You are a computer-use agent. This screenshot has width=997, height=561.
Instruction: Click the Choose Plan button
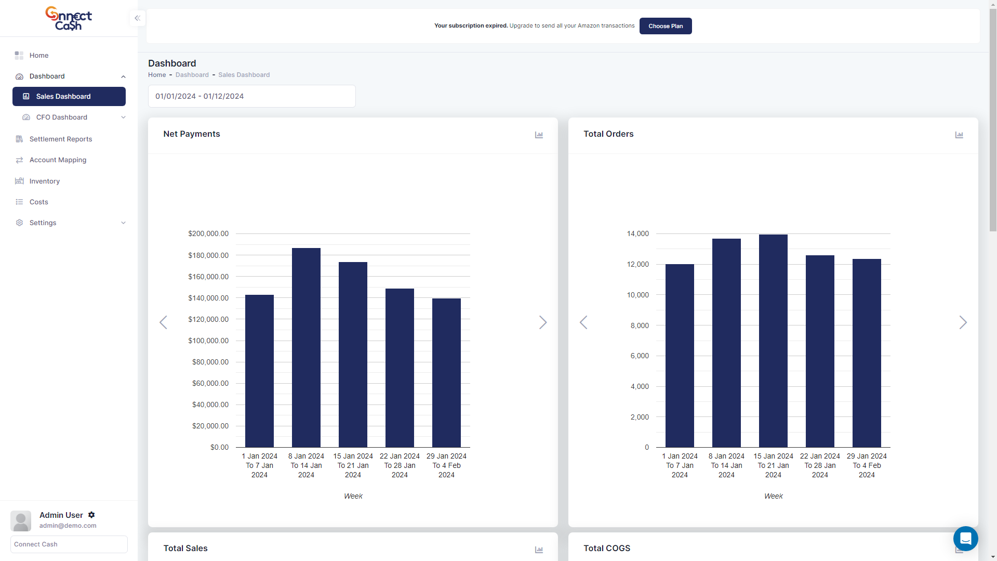[665, 26]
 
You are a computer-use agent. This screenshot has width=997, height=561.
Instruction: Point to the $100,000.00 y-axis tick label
[208, 341]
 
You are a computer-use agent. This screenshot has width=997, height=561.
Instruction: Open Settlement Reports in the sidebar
[60, 139]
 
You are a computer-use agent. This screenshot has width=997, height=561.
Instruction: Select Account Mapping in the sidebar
[58, 160]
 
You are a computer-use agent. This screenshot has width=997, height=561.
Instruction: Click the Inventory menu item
[44, 181]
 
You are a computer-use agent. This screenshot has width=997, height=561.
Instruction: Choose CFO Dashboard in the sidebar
[61, 117]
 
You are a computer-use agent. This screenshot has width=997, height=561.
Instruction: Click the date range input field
[251, 96]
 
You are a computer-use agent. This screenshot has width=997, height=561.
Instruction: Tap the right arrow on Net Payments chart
[543, 322]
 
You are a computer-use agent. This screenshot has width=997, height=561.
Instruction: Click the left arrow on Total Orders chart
[583, 322]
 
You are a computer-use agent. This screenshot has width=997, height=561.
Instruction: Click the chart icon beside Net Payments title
[539, 135]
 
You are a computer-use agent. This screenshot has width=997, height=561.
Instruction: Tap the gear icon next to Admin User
[91, 515]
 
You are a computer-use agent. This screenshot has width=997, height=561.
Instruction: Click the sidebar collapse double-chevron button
[137, 18]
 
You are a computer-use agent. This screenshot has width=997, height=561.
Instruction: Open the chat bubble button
[965, 539]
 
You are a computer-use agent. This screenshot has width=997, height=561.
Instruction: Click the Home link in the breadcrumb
[157, 75]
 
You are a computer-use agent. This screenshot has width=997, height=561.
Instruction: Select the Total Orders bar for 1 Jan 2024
[680, 356]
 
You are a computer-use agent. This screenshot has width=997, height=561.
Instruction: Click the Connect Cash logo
[69, 18]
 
